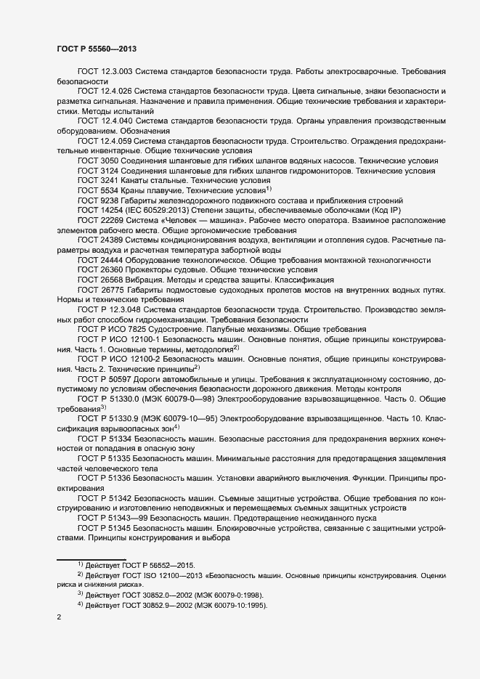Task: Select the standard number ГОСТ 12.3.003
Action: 105,73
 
